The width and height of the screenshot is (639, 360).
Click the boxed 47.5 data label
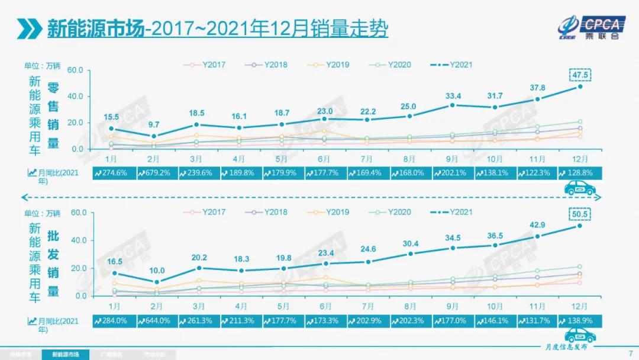pyautogui.click(x=580, y=75)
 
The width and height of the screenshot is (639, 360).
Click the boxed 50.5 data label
pyautogui.click(x=580, y=214)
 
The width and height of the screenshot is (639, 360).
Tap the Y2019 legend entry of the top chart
pyautogui.click(x=334, y=64)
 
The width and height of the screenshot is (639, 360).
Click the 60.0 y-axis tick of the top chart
pyautogui.click(x=75, y=70)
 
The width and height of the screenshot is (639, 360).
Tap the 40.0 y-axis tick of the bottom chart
pyautogui.click(x=79, y=240)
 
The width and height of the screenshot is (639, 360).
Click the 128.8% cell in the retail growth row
pyautogui.click(x=580, y=173)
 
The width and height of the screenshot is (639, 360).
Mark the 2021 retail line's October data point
pyautogui.click(x=495, y=107)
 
